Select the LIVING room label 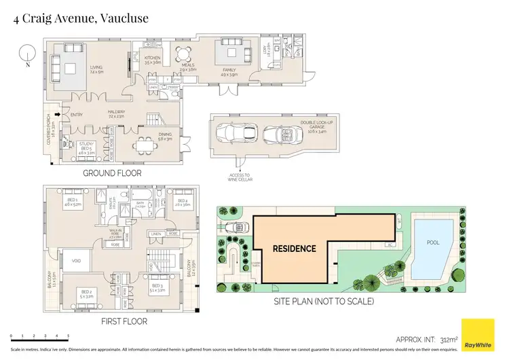pos(97,68)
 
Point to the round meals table pos(181,54)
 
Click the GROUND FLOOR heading pos(112,173)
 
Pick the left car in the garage pos(235,132)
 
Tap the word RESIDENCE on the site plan pos(295,248)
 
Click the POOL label pos(433,242)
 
